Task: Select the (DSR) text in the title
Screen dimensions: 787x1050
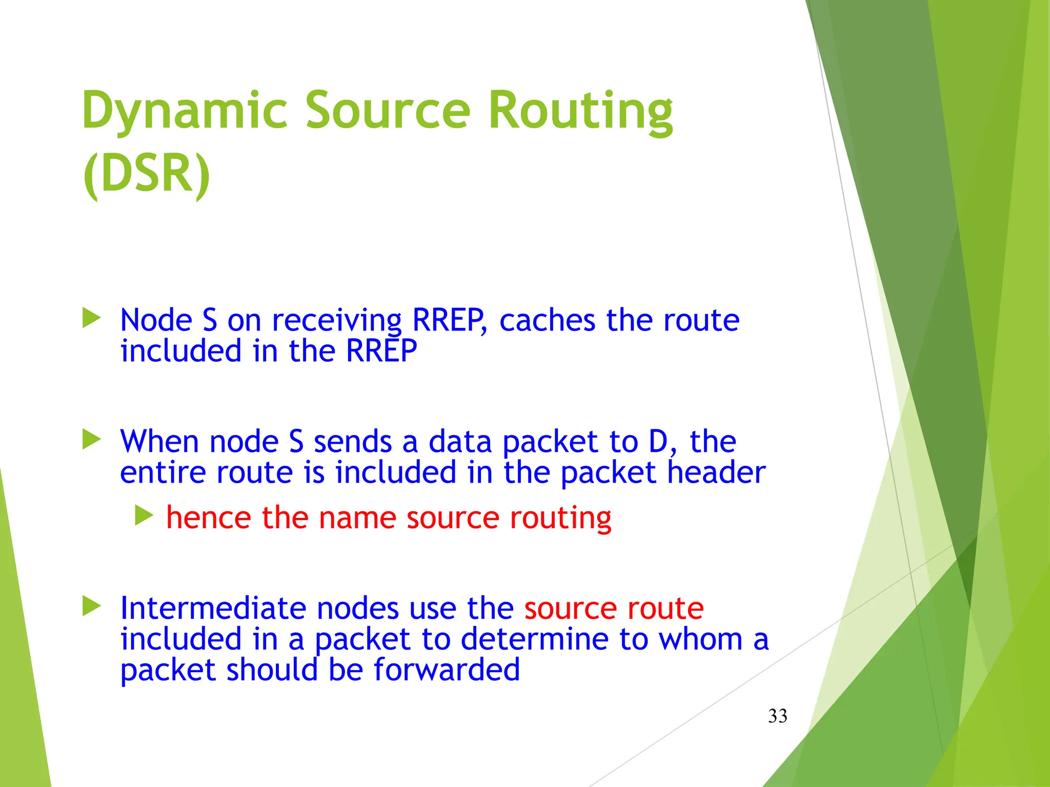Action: point(146,174)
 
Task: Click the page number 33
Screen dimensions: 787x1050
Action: point(777,716)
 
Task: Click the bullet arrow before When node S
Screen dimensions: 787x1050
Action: point(91,440)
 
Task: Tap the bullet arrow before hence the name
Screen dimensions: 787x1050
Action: point(144,515)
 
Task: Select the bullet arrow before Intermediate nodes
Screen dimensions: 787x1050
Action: point(91,606)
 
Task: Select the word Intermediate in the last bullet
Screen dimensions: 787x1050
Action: point(213,608)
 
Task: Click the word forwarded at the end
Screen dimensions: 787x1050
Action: point(447,670)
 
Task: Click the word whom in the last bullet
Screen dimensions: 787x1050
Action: point(700,639)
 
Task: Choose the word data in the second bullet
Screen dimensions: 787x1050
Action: point(460,442)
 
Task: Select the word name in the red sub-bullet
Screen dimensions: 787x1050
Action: point(357,517)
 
